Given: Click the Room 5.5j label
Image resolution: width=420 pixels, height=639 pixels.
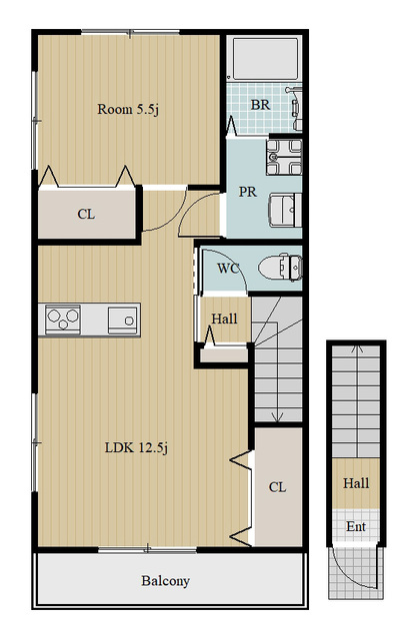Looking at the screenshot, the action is click(128, 109).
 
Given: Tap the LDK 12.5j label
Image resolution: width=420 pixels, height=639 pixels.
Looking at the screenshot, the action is click(136, 448).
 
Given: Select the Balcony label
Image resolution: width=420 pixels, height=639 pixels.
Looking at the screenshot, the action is click(165, 581).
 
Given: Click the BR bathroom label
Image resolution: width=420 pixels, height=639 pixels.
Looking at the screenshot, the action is click(260, 105).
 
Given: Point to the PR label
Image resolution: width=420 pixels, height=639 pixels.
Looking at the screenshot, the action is click(248, 192).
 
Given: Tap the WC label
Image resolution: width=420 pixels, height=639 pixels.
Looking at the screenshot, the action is click(228, 269).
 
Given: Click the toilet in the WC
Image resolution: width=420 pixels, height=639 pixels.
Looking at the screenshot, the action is click(280, 268).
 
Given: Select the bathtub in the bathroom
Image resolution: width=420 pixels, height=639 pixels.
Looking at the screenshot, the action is click(264, 58).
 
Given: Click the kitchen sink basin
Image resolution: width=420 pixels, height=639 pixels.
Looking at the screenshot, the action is click(122, 320).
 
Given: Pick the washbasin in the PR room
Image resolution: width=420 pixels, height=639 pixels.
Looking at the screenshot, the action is click(285, 211).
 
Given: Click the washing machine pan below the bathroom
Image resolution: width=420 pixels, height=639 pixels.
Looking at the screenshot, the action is click(284, 157).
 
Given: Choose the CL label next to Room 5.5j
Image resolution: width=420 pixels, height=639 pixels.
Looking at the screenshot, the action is click(86, 214).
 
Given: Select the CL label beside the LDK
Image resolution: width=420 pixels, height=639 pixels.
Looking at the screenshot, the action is click(278, 487).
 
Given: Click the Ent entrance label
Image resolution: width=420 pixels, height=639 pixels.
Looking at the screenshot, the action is click(356, 526).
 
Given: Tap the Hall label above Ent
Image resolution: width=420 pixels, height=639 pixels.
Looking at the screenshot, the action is click(356, 483).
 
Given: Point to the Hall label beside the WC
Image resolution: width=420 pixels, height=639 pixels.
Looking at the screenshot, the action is click(224, 319).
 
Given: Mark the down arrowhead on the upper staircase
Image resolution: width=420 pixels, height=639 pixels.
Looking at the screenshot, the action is click(278, 417).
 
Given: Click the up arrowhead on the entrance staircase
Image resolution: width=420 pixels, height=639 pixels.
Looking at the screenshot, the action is click(358, 348).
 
